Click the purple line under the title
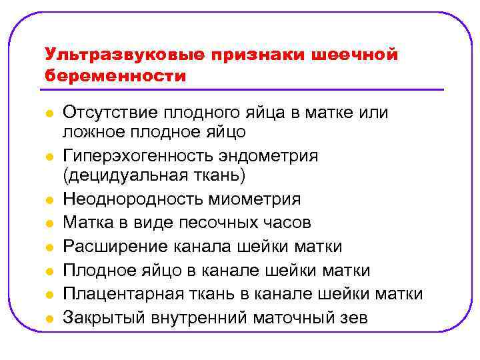click(243, 89)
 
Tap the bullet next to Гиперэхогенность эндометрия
click(48, 157)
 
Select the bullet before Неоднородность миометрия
click(48, 200)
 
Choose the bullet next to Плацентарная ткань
click(48, 295)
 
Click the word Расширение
click(111, 247)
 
